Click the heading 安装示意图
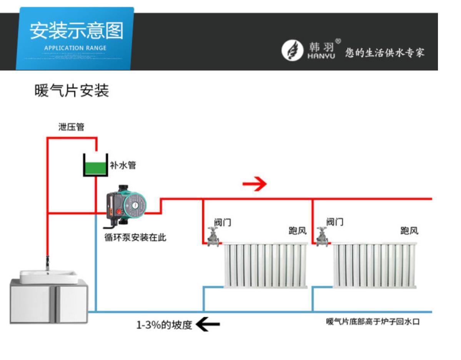pos(77,31)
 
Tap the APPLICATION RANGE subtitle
pos(75,48)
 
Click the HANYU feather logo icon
pos(290,51)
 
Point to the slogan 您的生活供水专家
pos(385,53)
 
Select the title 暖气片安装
pos(72,91)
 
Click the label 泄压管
pos(71,127)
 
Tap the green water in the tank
pos(95,169)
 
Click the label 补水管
pos(123,166)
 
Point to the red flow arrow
pos(255,184)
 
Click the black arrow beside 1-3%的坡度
pos(208,325)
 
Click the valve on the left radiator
pos(213,236)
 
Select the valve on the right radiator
pos(321,236)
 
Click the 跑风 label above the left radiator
pos(298,231)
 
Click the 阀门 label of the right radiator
pos(335,222)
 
